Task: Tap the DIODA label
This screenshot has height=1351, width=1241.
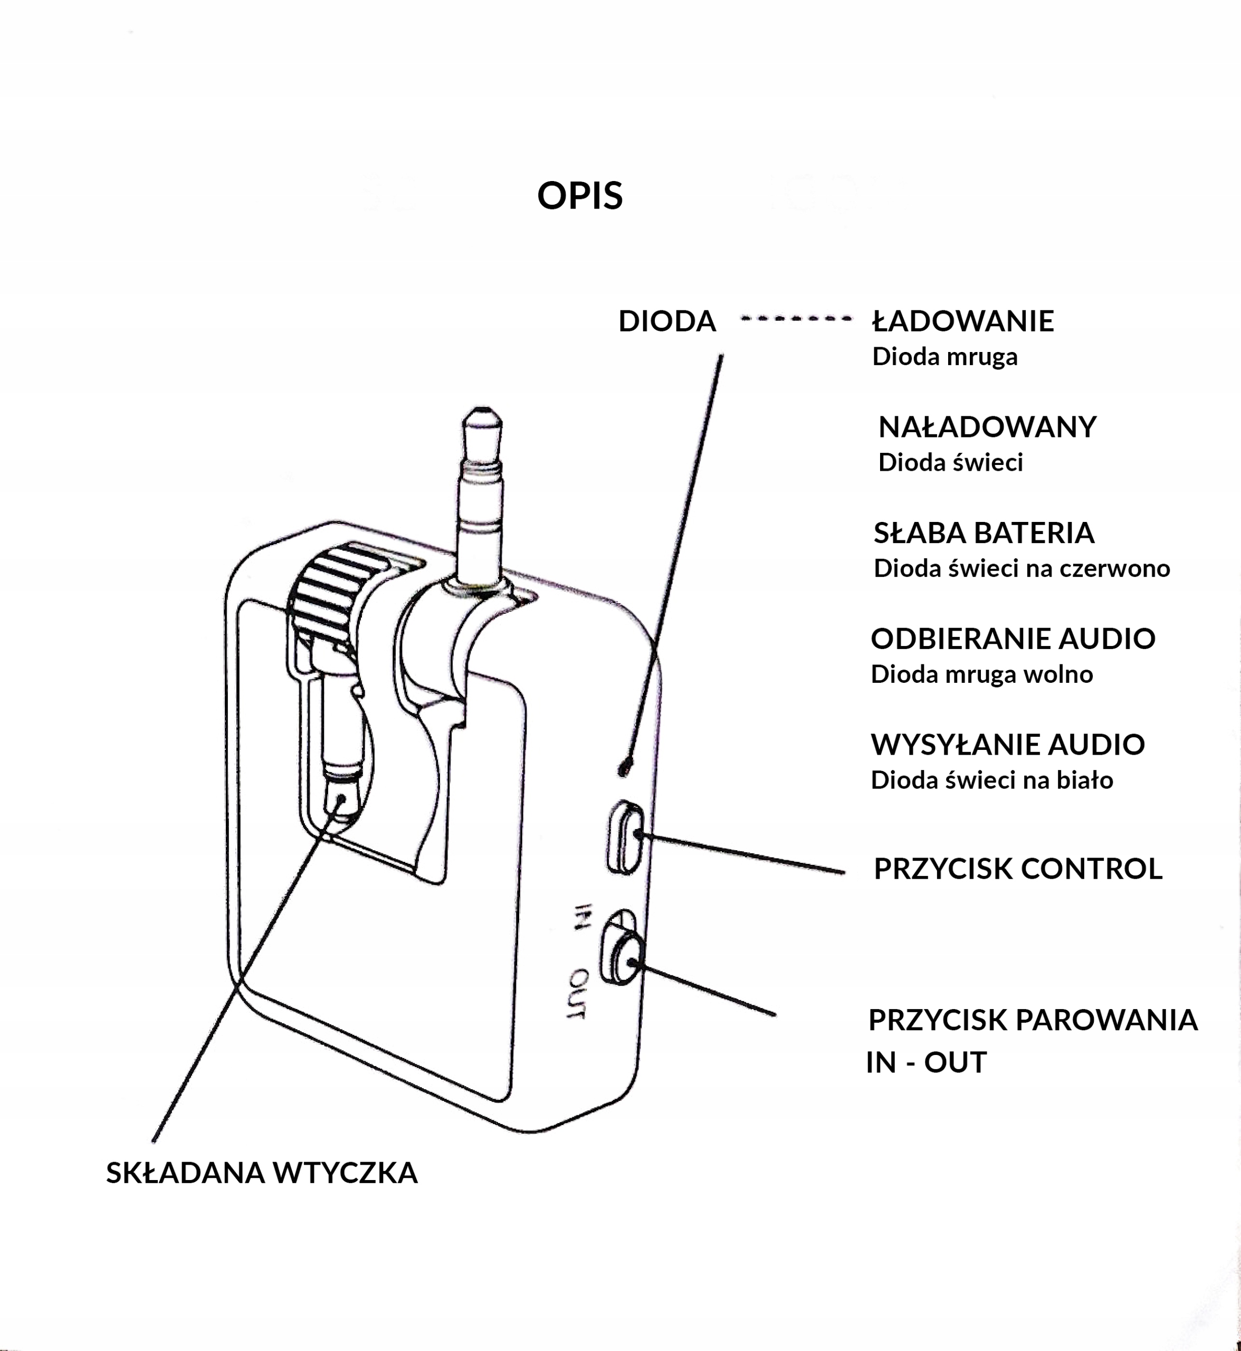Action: point(667,321)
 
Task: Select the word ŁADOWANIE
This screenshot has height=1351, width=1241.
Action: point(963,321)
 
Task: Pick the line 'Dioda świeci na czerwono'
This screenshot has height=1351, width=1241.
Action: point(1022,568)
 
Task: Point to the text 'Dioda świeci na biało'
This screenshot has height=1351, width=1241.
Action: point(992,780)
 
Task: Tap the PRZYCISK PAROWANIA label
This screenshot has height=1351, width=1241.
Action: point(1033,1020)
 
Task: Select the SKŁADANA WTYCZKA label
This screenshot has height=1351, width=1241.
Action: point(262,1173)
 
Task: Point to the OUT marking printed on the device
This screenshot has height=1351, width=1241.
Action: point(578,994)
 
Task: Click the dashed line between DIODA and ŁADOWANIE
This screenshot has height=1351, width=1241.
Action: point(796,319)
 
